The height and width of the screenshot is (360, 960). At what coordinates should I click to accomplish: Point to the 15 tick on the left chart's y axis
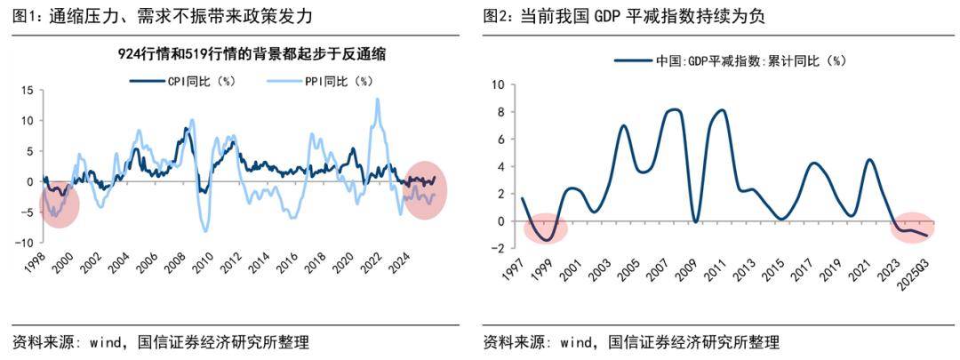click(27, 90)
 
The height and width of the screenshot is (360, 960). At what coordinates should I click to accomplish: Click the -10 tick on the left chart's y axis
click(25, 243)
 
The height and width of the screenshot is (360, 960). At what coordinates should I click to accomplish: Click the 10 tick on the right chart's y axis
click(498, 85)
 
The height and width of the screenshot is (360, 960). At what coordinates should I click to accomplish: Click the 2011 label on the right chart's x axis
click(714, 266)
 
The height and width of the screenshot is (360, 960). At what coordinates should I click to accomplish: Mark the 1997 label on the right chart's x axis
click(513, 266)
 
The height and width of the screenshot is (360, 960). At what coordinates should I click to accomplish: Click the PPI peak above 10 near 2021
click(378, 100)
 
